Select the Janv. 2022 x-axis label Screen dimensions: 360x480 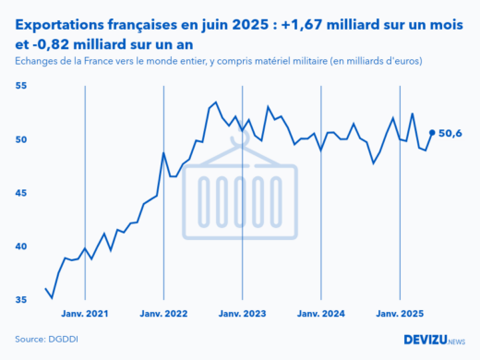tap(163, 314)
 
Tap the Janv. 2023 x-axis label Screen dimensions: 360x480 tap(243, 314)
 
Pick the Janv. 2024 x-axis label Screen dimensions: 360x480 tap(321, 314)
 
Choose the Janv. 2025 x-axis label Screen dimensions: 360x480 tap(400, 314)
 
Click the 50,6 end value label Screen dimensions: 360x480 tap(450, 133)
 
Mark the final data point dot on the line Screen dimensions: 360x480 tap(432, 132)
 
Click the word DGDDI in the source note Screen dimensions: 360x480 tap(64, 339)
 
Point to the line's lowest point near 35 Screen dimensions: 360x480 tap(52, 297)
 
